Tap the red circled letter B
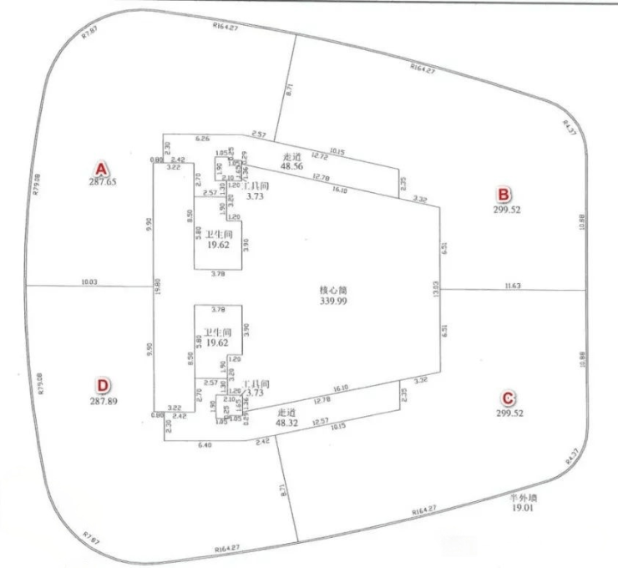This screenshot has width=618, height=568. tap(504, 195)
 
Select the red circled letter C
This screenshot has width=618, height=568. tap(504, 398)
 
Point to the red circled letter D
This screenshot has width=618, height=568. tap(102, 385)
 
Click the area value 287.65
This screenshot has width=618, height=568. tap(102, 180)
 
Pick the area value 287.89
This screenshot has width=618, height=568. tap(102, 400)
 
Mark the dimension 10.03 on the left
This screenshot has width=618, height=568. tap(90, 281)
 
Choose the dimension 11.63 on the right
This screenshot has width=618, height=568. tap(514, 287)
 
